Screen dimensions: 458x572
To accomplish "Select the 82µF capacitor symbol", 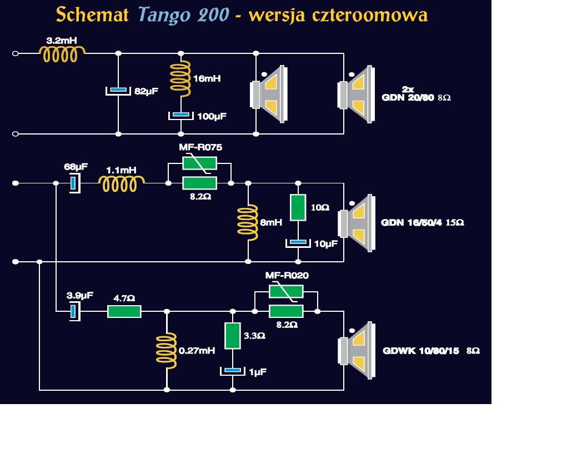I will [118, 90].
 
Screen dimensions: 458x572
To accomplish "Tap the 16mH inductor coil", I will [180, 78].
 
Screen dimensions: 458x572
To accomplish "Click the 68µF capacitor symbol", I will [73, 183].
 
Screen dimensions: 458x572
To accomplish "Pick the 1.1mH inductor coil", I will [122, 183].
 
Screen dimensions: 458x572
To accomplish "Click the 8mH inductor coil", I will [248, 222].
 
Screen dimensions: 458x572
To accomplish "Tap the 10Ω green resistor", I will [298, 207].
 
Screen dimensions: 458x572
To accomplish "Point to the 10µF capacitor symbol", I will [298, 242].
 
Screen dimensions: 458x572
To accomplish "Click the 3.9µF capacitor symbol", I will [73, 312].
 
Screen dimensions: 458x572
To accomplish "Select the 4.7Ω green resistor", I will [124, 312].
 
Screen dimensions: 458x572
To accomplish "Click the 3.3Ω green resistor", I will [233, 336].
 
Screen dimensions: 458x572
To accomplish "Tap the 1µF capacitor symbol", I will [233, 370].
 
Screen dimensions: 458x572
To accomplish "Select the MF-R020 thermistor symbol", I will [286, 292].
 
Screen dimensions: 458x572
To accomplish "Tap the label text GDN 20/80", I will [408, 98].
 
